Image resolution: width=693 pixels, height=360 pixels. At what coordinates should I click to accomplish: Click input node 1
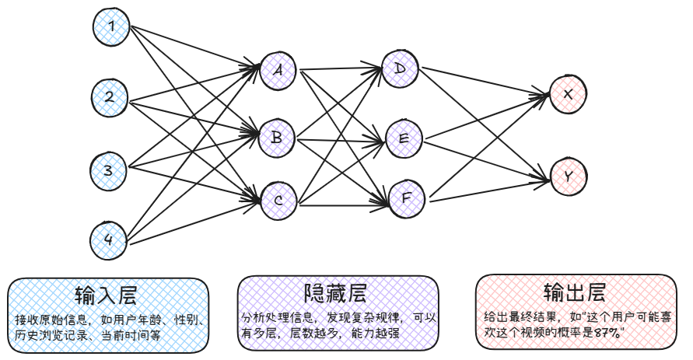(111, 28)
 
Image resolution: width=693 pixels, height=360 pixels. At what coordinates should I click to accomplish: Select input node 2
(110, 97)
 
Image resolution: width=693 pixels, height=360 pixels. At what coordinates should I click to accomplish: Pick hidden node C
(278, 201)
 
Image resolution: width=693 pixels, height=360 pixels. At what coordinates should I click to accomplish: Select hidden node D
(401, 69)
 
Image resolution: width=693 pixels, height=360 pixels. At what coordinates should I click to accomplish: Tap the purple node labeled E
(403, 138)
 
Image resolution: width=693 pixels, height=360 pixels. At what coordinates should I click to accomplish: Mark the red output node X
(569, 94)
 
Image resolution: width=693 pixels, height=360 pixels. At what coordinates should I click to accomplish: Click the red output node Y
(569, 177)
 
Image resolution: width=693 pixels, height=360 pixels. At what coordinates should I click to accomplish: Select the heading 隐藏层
(335, 293)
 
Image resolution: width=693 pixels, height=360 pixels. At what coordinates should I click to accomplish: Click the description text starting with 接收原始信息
(109, 320)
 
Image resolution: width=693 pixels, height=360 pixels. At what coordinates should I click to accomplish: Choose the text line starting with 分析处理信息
(336, 318)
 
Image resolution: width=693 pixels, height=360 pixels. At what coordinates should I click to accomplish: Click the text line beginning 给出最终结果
(576, 318)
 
